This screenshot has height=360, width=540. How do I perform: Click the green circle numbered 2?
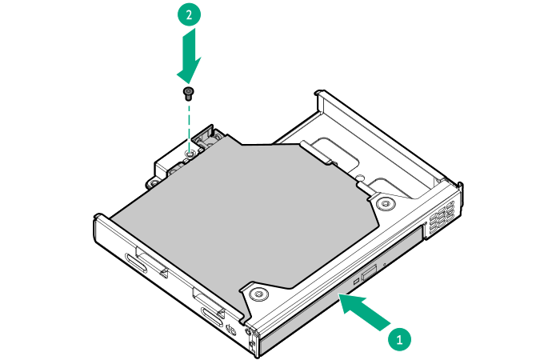tap(189, 15)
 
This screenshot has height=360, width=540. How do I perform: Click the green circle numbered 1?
tap(401, 338)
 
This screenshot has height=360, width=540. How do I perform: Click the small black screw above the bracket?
tap(189, 93)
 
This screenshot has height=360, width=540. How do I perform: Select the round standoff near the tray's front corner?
tap(258, 294)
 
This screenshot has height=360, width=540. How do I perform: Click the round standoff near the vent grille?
tap(386, 204)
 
